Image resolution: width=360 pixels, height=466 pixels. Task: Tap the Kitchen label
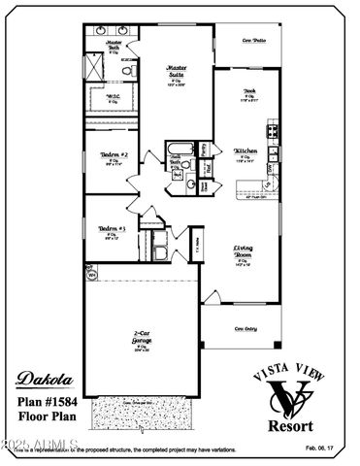(246, 151)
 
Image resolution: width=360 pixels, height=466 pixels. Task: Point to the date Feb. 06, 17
(324, 448)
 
